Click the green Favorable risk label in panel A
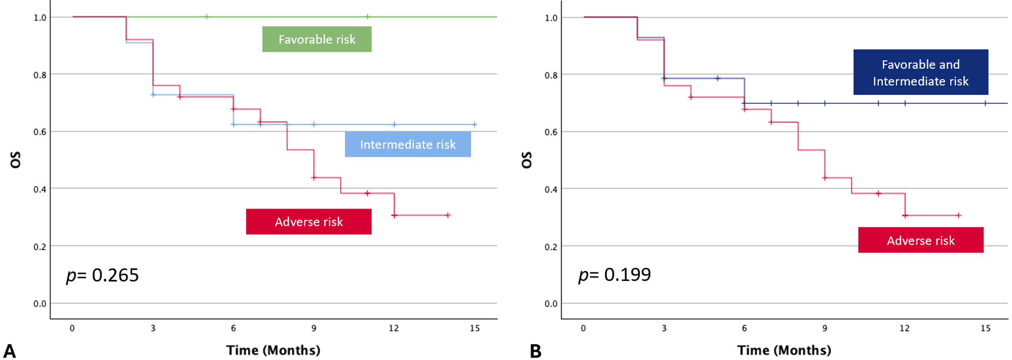pos(317,39)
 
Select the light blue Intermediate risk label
pos(408,144)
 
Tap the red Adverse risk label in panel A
pos(308,222)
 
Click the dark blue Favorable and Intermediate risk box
pos(920,72)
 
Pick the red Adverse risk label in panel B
pos(920,240)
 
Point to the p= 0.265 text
pos(102,275)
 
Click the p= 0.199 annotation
pos(614,274)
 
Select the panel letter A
pos(10,351)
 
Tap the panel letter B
pos(535,351)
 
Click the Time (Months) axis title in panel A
pos(273,350)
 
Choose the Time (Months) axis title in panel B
pos(784,350)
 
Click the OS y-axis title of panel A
pos(16,159)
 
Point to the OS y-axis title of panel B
pos(527,159)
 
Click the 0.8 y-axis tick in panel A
pos(40,75)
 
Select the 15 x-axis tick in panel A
pos(475,328)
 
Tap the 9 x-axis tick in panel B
pos(825,328)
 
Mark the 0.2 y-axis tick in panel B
pos(551,247)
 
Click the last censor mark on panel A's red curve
pos(448,215)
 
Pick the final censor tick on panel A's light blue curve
pos(475,124)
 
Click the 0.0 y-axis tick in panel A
pos(40,304)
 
